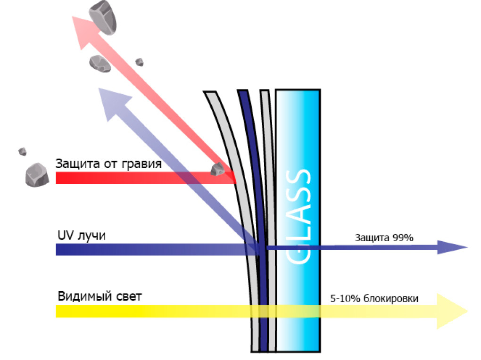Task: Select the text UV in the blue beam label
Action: tap(64, 235)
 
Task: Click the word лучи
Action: tap(91, 236)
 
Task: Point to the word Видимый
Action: tap(84, 297)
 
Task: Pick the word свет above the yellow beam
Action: tap(128, 297)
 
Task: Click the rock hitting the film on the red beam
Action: tap(217, 169)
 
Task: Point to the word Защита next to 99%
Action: tap(372, 238)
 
